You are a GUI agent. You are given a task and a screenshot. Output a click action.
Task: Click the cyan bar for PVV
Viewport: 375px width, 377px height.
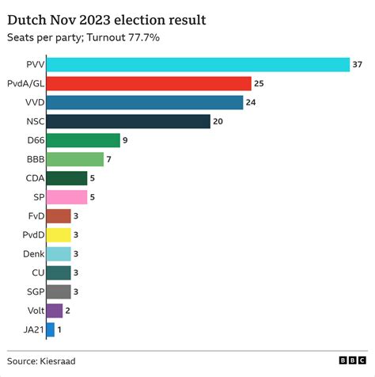coord(198,64)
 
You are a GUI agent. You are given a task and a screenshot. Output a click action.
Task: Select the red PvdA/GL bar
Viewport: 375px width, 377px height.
coord(149,83)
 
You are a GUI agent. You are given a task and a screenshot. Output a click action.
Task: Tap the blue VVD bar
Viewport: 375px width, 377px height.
coord(145,102)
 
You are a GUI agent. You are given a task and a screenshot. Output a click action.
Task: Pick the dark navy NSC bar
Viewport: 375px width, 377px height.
coord(128,121)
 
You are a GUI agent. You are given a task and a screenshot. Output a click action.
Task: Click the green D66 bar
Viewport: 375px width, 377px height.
coord(83,140)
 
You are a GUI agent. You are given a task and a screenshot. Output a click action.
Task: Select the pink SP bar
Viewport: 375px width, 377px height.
coord(66,197)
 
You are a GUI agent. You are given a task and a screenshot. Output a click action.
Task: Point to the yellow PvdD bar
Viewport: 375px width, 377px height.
coord(59,234)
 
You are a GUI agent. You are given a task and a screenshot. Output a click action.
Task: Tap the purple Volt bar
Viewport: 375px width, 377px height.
coord(55,310)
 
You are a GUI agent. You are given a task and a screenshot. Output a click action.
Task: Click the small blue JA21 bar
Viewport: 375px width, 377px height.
coord(51,329)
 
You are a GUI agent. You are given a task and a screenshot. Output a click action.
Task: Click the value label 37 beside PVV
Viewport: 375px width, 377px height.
coord(357,64)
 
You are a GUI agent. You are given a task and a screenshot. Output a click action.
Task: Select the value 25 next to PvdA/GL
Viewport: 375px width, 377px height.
coord(258,83)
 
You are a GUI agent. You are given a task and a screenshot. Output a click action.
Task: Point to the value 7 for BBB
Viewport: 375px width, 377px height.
coord(110,159)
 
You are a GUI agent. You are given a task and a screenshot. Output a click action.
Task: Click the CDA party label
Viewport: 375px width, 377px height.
coord(32,178)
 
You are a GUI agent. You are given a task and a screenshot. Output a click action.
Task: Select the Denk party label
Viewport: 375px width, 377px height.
coord(31,253)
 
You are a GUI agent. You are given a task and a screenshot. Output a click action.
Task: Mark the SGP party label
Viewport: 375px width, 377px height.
coord(32,291)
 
